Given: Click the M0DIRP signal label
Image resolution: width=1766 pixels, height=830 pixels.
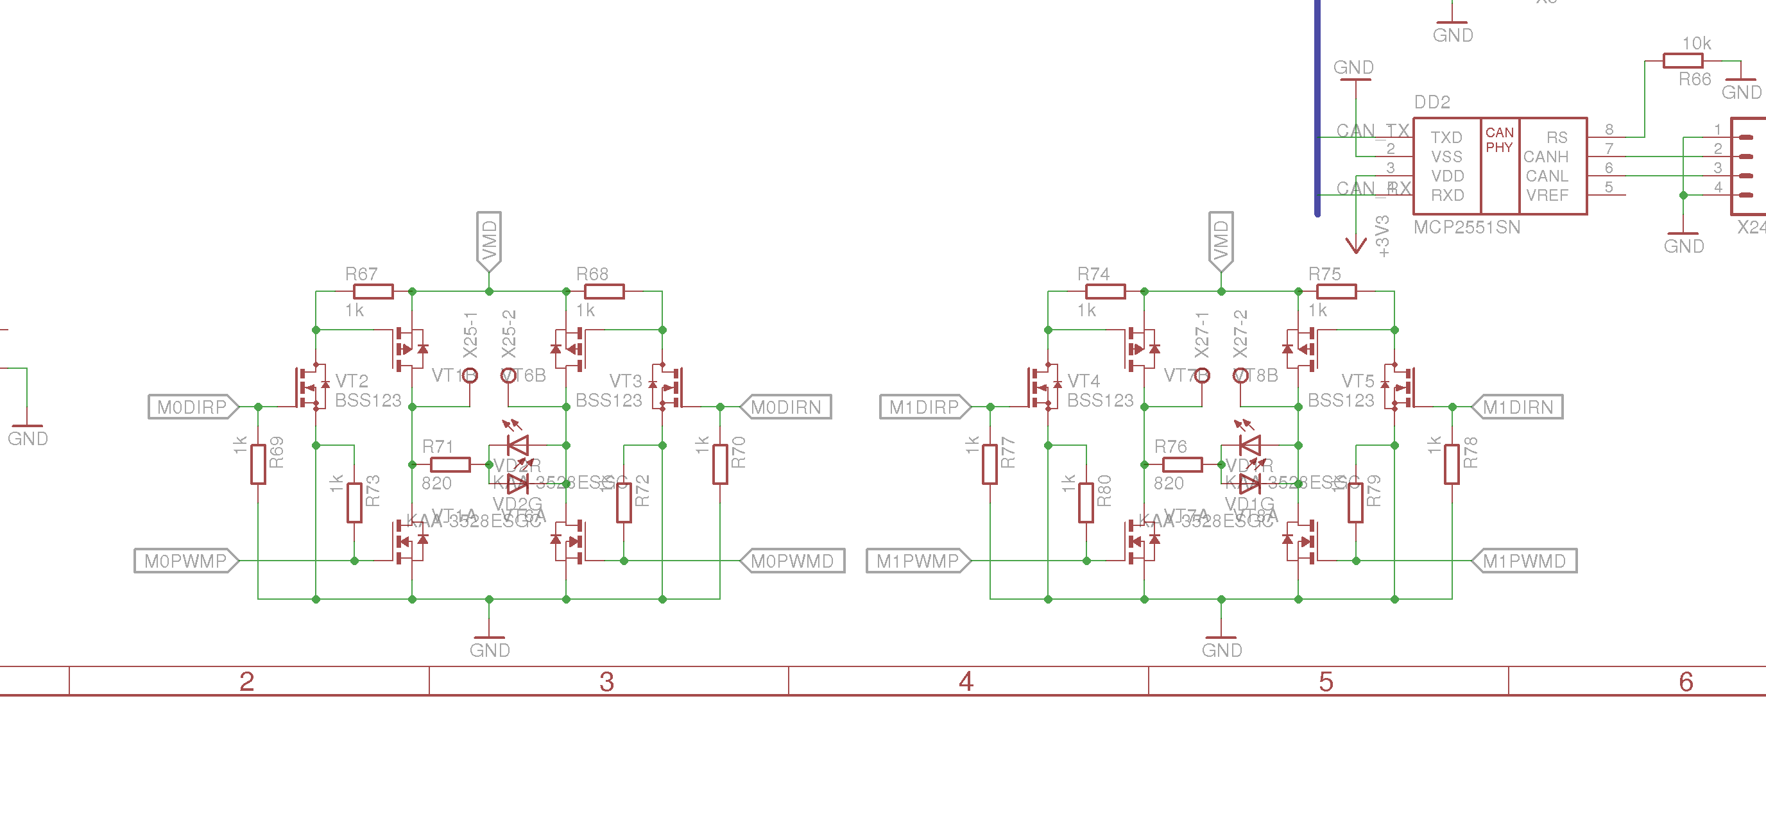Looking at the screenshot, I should tap(192, 407).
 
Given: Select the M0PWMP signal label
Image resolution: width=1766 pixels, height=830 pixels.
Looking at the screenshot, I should tap(185, 561).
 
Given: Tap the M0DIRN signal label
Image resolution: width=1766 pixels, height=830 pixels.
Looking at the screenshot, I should tap(785, 407).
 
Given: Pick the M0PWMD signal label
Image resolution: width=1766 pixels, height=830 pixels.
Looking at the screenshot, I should tap(792, 561).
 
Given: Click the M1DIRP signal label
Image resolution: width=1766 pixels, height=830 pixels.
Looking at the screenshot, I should tap(924, 407).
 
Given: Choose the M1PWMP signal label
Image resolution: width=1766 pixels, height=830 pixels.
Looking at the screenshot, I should tap(917, 561).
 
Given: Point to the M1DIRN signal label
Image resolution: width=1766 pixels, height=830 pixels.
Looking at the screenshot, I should tap(1518, 407).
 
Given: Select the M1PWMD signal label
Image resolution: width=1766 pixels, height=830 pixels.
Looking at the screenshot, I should tap(1524, 561).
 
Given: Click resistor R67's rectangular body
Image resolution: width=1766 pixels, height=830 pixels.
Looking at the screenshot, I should tap(373, 291).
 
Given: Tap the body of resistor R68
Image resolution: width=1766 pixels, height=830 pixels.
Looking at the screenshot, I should tap(604, 291).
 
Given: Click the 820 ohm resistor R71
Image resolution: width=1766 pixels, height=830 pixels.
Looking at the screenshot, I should tap(450, 464).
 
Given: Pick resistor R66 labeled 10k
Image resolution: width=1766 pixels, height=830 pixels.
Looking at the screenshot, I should tap(1683, 61).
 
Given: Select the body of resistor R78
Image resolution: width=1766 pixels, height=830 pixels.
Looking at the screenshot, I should tap(1452, 464).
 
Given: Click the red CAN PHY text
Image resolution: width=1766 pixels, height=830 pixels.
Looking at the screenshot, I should tap(1499, 140).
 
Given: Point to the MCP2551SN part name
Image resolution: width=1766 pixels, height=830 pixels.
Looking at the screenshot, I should tap(1466, 228).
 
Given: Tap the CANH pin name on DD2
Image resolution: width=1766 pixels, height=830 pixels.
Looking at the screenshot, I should tap(1545, 157).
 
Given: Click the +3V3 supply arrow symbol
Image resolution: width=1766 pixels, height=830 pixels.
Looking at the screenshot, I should tap(1355, 244).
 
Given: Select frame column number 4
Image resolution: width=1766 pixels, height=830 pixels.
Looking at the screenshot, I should tap(966, 681).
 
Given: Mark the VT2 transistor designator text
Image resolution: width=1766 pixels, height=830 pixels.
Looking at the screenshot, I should tap(352, 381).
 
